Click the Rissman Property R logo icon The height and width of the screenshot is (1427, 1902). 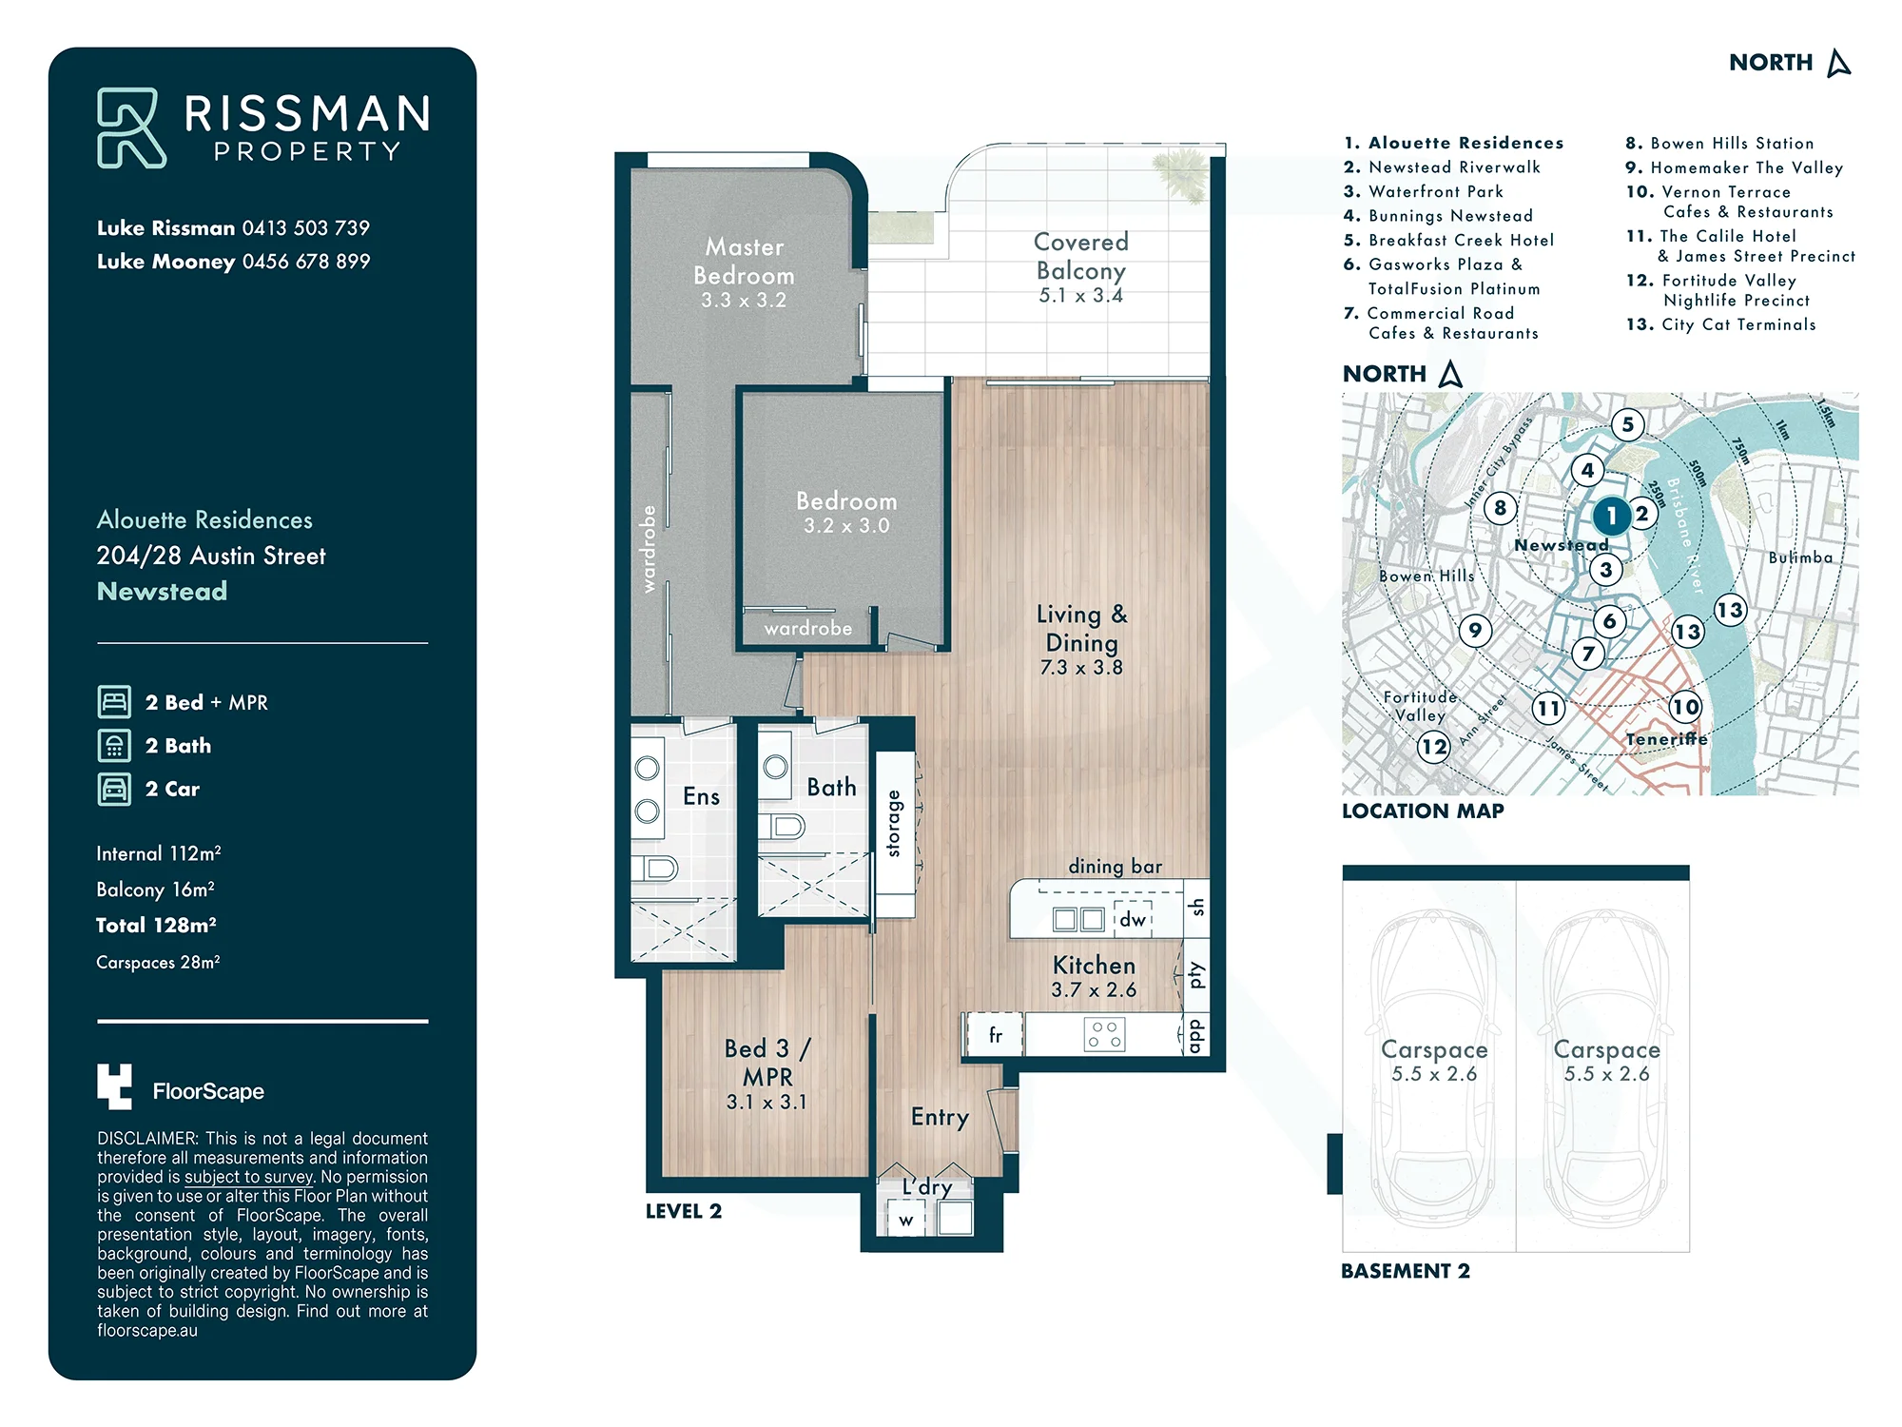131,128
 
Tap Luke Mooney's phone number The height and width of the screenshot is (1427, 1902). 306,262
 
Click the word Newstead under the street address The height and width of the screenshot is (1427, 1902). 162,592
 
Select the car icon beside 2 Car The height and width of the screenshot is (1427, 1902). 114,789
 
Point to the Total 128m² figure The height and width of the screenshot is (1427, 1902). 156,925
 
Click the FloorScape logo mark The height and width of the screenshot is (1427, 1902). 114,1086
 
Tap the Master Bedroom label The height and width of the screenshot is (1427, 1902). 744,261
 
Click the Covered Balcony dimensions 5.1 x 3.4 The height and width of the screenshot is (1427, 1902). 1080,296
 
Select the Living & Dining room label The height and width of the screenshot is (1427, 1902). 1081,628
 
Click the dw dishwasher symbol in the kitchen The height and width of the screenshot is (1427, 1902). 1132,919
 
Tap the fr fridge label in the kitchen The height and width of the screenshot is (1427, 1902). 996,1034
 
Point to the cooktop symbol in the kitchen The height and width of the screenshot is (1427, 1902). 1104,1035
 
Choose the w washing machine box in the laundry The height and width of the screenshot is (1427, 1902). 906,1219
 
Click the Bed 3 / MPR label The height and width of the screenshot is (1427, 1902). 767,1062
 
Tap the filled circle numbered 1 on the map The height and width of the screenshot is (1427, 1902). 1611,517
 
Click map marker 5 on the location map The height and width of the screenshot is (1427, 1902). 1628,424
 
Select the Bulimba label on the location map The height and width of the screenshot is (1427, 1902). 1800,557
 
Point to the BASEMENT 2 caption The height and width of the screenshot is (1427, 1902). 1406,1271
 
